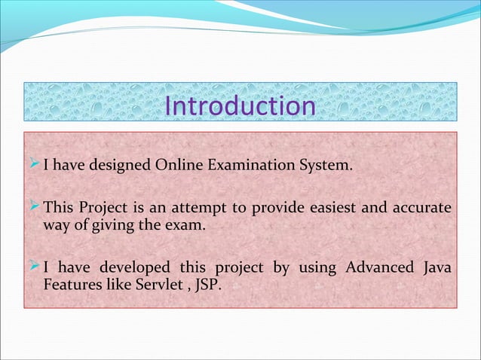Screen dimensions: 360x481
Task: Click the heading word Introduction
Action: (240, 106)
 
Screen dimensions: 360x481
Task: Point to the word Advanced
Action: (380, 267)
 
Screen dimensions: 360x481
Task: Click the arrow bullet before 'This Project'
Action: (34, 206)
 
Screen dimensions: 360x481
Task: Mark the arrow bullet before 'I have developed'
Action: (34, 267)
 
